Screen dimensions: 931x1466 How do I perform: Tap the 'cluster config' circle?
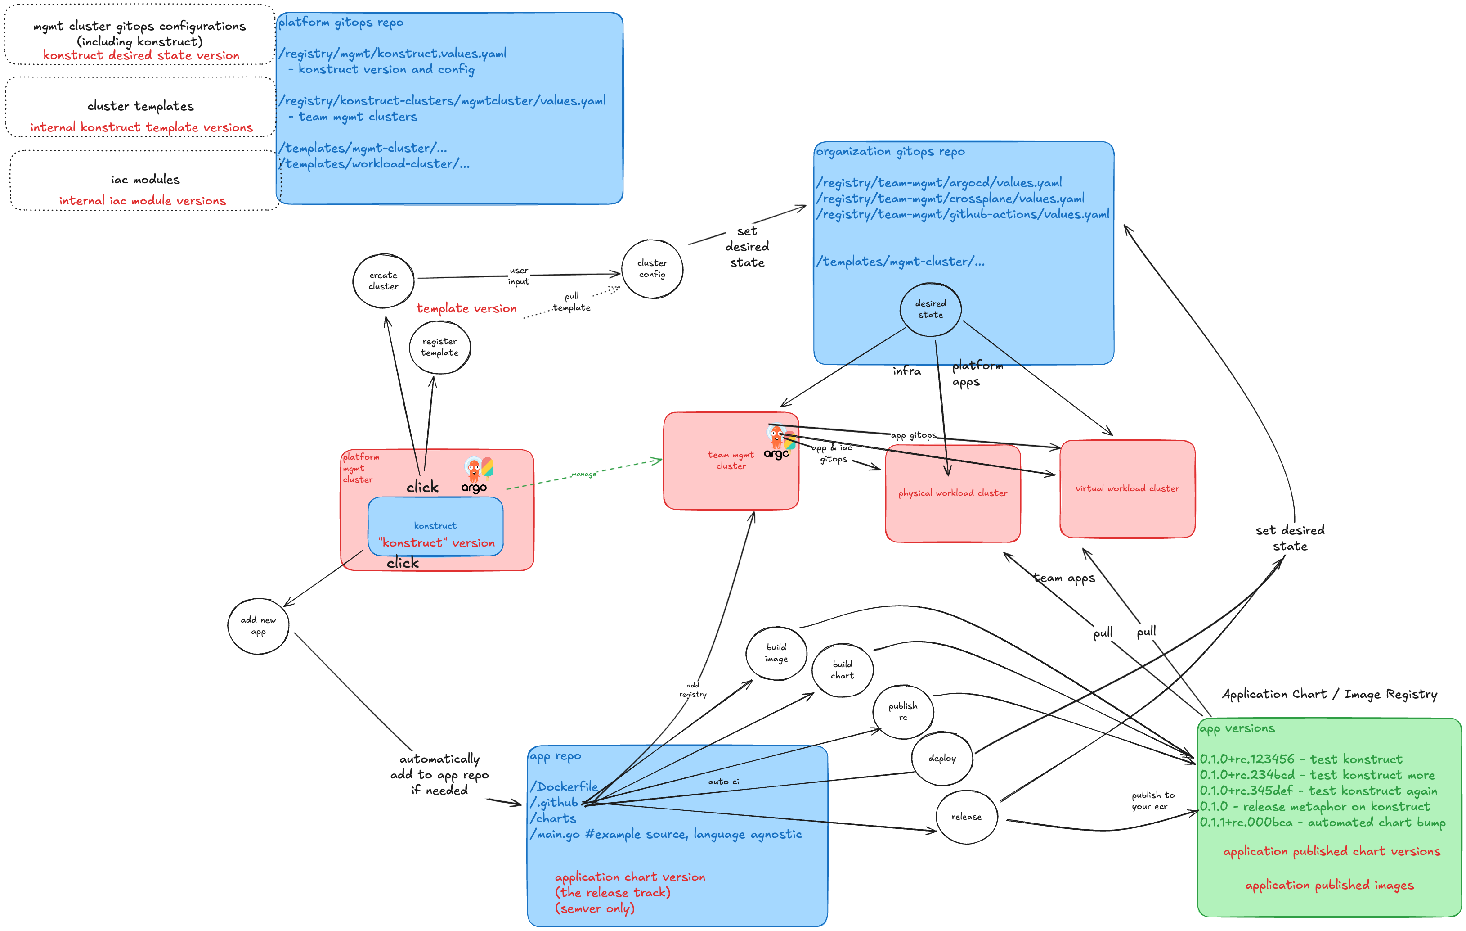(652, 269)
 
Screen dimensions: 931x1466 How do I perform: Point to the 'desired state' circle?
(930, 309)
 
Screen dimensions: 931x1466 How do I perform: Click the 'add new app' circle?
(258, 626)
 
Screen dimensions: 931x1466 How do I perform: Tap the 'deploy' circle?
(942, 759)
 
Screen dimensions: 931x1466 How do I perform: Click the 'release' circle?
(966, 817)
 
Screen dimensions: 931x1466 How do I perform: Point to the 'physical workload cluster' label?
(953, 493)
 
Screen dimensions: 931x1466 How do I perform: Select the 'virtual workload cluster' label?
(1127, 488)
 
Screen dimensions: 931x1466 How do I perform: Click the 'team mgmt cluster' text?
(731, 461)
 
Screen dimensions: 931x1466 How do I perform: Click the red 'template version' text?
(466, 308)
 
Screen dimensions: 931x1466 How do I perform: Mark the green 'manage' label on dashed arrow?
(584, 474)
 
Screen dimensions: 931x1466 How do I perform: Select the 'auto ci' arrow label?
(723, 782)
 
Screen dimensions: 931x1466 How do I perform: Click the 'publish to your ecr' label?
(1152, 800)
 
